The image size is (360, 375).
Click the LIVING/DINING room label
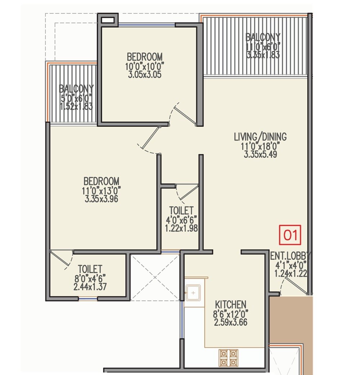click(x=260, y=137)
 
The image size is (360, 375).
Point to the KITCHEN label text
click(x=230, y=304)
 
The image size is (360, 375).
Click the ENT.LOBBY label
click(x=290, y=256)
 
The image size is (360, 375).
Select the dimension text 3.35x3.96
click(x=102, y=198)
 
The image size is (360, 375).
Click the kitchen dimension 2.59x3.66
click(x=230, y=322)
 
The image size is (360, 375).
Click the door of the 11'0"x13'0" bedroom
click(x=149, y=139)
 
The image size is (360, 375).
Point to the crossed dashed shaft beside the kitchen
click(x=155, y=277)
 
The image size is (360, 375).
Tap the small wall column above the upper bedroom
click(x=108, y=19)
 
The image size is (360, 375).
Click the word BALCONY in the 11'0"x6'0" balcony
click(x=263, y=37)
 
